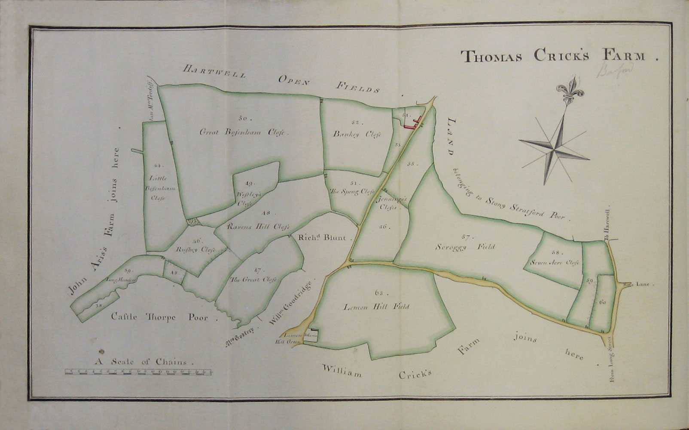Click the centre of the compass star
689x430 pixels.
click(x=555, y=150)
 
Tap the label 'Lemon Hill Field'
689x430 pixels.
click(x=376, y=307)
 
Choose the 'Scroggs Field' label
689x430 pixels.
click(x=464, y=247)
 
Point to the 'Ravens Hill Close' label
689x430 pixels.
click(x=259, y=226)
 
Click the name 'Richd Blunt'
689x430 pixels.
click(x=325, y=237)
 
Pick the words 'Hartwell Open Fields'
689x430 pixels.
click(x=281, y=79)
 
